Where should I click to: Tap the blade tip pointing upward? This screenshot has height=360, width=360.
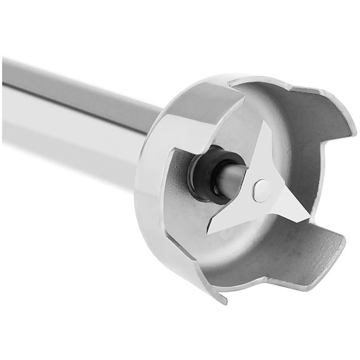[268, 126]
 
